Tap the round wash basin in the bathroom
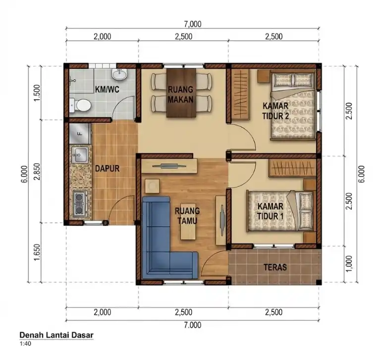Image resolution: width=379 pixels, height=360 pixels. (119, 75)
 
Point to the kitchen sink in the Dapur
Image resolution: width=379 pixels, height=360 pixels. (79, 155)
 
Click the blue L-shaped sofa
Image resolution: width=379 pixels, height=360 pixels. (163, 243)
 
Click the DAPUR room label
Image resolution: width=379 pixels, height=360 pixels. (108, 168)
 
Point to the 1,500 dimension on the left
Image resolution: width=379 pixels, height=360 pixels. (36, 93)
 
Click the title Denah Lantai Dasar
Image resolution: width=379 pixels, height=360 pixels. (56, 335)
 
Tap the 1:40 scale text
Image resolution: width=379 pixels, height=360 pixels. (24, 344)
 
